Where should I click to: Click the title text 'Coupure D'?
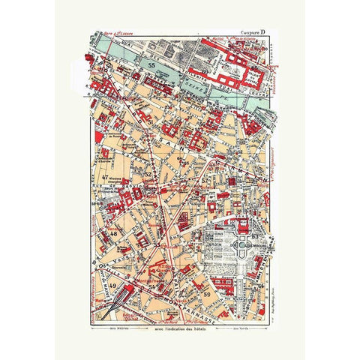[x=250, y=34]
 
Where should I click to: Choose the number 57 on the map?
[x=204, y=181]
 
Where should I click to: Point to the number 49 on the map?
[x=112, y=286]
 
